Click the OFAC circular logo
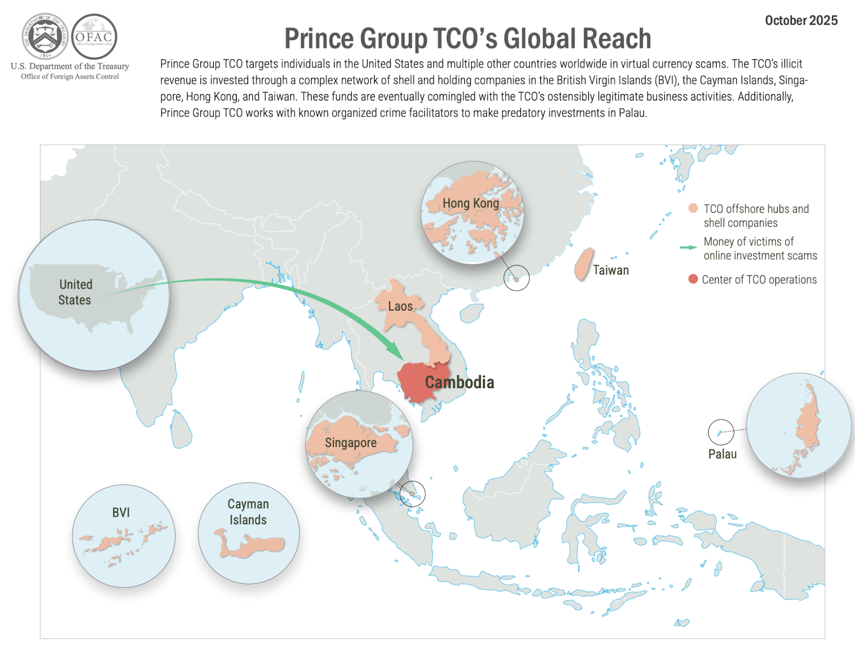[94, 37]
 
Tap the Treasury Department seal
[45, 36]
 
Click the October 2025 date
[801, 21]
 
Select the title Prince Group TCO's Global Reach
[468, 39]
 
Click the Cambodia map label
[460, 383]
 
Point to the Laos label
[400, 306]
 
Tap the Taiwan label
[611, 270]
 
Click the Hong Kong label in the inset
[471, 203]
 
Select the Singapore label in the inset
[351, 443]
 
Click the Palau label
[722, 454]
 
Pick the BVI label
[121, 513]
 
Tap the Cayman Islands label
[248, 512]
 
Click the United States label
[75, 292]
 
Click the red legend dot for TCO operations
[693, 279]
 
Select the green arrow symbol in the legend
[688, 247]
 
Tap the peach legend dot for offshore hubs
[693, 208]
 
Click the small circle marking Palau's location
[721, 432]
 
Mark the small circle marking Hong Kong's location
[517, 278]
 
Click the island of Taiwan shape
[584, 264]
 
